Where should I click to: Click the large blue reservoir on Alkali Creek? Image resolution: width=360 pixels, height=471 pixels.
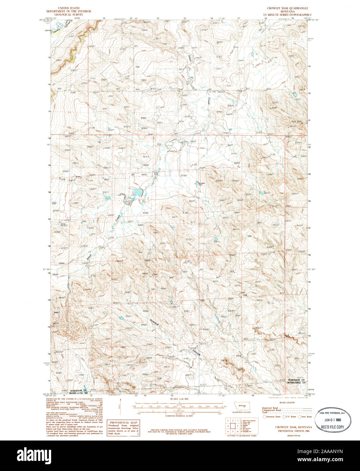pyautogui.click(x=137, y=193)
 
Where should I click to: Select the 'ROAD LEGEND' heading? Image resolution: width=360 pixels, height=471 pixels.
pyautogui.click(x=287, y=402)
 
